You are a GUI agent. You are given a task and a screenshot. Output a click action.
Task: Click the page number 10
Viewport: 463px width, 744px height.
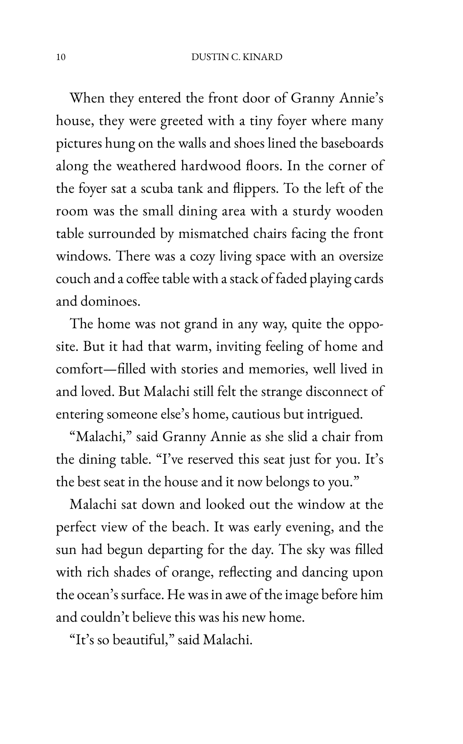tap(61, 57)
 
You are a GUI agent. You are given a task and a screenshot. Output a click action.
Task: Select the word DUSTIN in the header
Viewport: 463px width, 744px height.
tap(206, 57)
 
